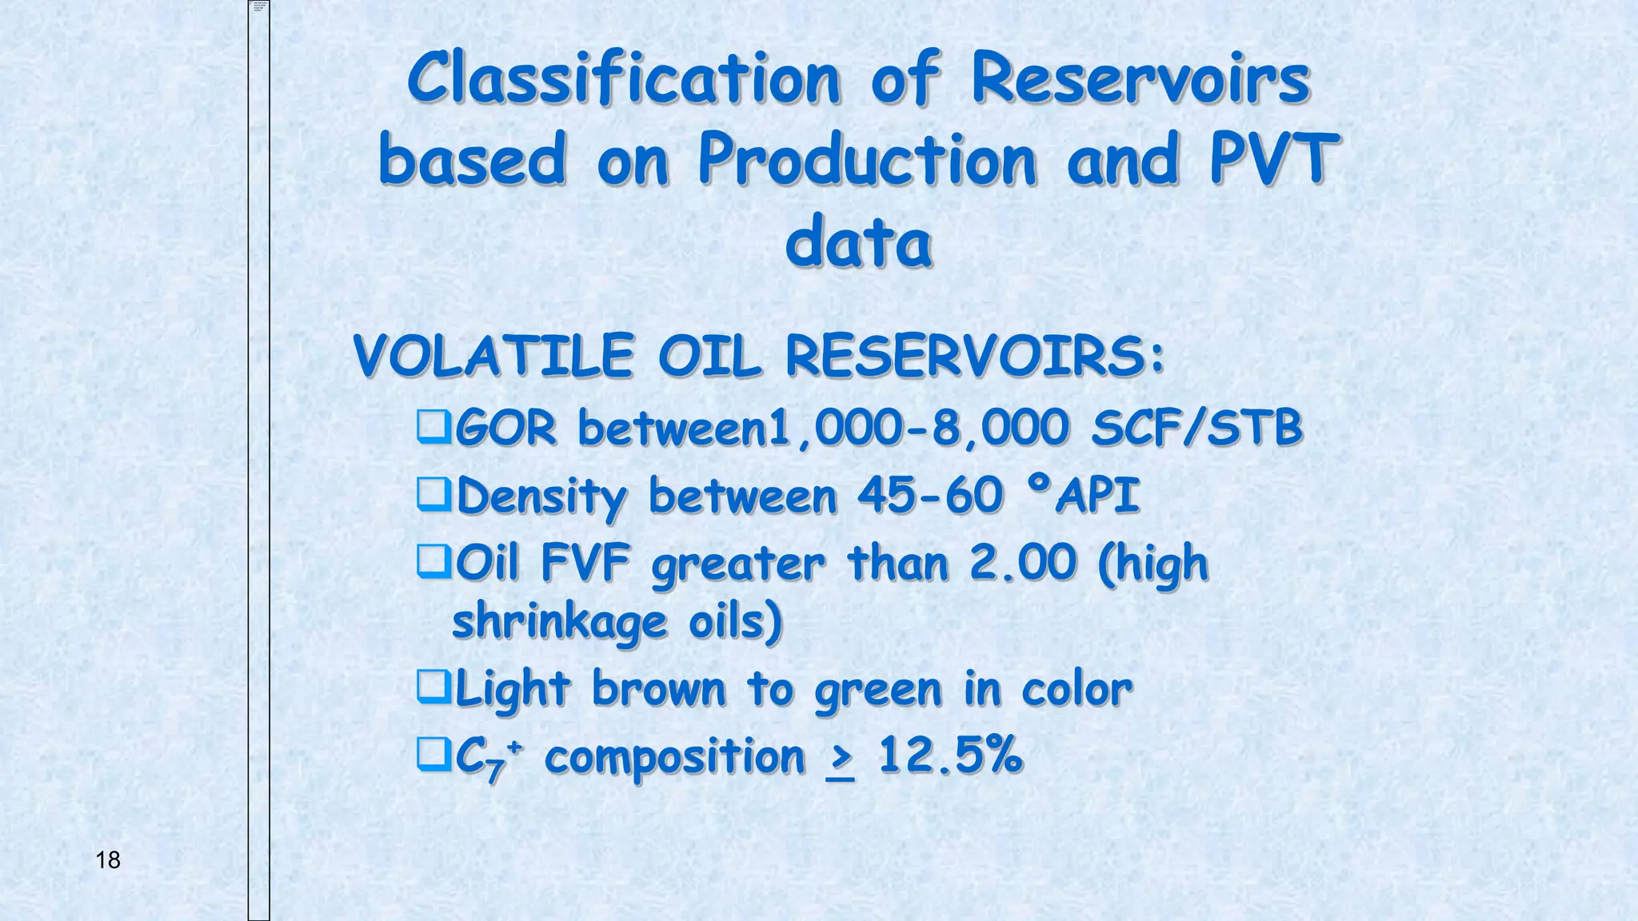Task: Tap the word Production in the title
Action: click(x=867, y=160)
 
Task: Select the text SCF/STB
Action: click(x=1197, y=428)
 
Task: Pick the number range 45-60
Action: click(x=929, y=495)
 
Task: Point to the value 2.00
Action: click(x=1023, y=562)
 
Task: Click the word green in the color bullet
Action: click(x=878, y=690)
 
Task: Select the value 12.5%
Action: click(x=949, y=755)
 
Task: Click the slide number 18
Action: click(x=108, y=860)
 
